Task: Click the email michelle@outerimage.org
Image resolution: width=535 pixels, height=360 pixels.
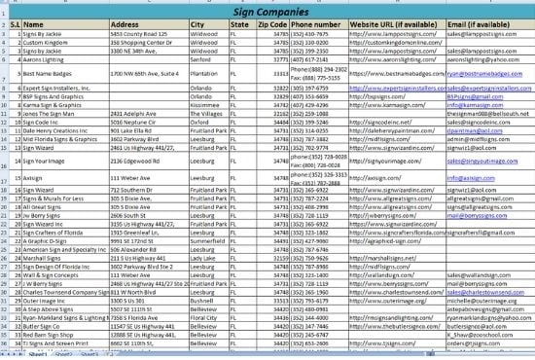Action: point(479,301)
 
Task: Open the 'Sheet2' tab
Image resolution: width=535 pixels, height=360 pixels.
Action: point(63,355)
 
